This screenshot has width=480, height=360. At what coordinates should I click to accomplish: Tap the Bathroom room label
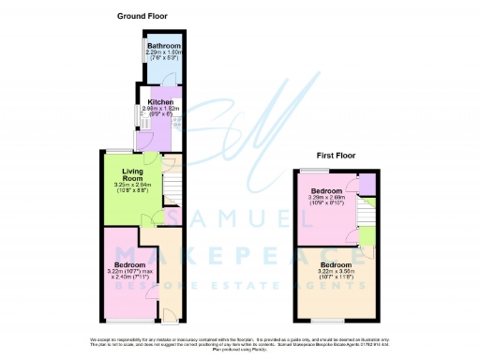(x=164, y=45)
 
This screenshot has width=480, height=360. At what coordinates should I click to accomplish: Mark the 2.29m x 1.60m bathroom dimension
(x=164, y=52)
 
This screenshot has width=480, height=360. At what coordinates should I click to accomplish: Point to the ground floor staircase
(x=171, y=187)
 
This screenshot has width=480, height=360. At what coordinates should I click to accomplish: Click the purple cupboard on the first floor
(x=367, y=183)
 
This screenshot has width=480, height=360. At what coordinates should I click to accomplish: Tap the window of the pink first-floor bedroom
(x=307, y=169)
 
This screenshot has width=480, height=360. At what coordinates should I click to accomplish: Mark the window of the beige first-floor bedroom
(x=325, y=322)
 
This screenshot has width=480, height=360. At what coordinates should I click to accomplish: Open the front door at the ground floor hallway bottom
(x=170, y=312)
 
